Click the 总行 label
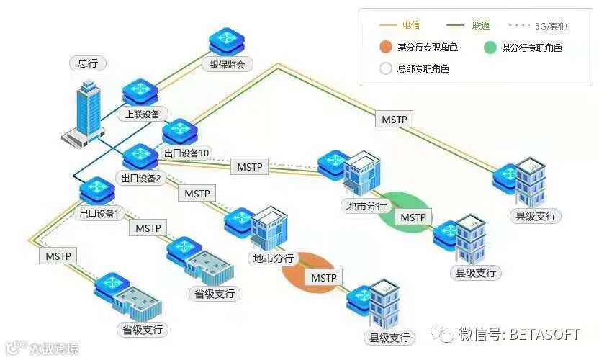pyautogui.click(x=88, y=63)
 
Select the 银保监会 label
pyautogui.click(x=227, y=65)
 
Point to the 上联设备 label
pyautogui.click(x=143, y=113)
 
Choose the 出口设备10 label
pyautogui.click(x=186, y=153)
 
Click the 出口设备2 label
pyautogui.click(x=140, y=177)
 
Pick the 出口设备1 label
pyautogui.click(x=103, y=213)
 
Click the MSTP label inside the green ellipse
pyautogui.click(x=413, y=217)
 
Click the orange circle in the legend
pyautogui.click(x=385, y=48)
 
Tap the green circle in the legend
pyautogui.click(x=490, y=48)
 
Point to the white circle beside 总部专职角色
pyautogui.click(x=385, y=69)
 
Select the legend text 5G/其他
pyautogui.click(x=551, y=26)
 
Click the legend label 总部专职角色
pyautogui.click(x=423, y=69)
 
